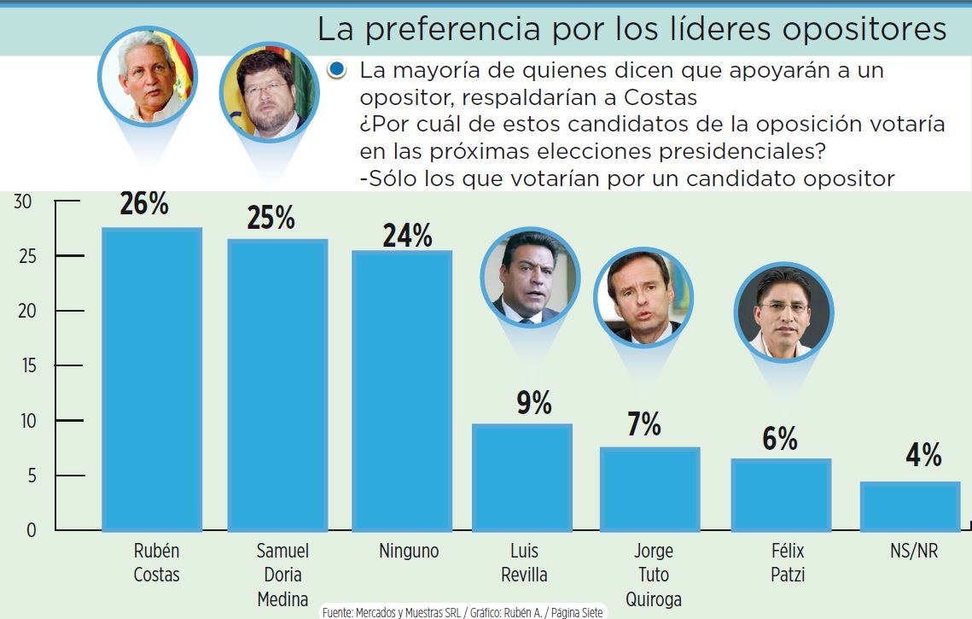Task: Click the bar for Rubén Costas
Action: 152,380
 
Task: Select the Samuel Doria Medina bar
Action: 277,385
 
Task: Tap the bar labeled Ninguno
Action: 402,391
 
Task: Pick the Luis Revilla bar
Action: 522,477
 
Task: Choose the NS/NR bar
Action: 910,506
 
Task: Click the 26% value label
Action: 145,205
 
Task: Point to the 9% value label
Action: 534,403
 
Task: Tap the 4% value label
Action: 923,455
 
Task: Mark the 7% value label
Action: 644,424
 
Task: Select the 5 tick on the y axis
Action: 32,476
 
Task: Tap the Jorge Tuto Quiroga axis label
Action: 654,575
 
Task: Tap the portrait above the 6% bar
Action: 783,311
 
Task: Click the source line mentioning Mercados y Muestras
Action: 462,612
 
